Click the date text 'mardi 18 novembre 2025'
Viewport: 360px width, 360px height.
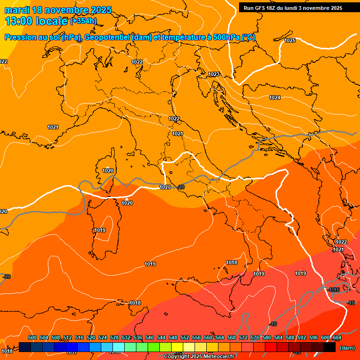(58, 10)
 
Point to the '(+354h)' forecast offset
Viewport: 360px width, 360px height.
(83, 21)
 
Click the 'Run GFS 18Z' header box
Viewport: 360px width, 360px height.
(293, 7)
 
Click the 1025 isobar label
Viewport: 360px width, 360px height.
(290, 40)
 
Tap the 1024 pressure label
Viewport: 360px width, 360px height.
(275, 97)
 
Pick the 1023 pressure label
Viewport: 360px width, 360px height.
(214, 74)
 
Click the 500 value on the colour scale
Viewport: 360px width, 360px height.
(32, 337)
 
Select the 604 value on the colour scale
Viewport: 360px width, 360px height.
(337, 337)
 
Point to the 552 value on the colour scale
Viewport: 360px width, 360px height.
(185, 337)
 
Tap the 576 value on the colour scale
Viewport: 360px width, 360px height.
(255, 337)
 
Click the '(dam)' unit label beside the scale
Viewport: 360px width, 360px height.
(347, 347)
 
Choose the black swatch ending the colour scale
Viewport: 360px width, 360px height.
(330, 347)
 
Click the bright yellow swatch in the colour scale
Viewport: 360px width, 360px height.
(177, 347)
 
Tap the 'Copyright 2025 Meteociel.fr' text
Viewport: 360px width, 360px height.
(199, 357)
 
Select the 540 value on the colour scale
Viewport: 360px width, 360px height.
(150, 337)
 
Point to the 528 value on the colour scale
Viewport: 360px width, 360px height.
(114, 337)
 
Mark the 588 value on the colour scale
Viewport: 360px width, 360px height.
(290, 337)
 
